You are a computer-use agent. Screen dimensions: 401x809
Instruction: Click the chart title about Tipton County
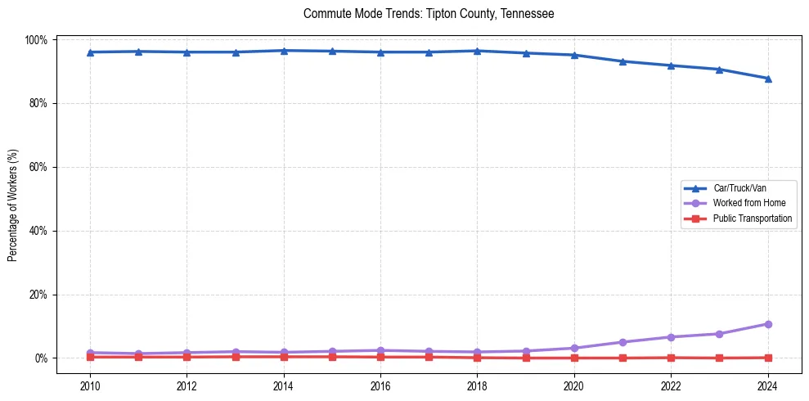[429, 14]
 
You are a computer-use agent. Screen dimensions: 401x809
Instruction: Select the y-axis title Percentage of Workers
[13, 199]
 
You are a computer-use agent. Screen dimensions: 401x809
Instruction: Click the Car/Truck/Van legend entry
[739, 188]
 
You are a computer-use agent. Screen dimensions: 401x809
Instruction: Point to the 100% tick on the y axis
[38, 40]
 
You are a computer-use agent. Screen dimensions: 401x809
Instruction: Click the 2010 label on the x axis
[90, 387]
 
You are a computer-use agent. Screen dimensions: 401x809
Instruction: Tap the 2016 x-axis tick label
[380, 387]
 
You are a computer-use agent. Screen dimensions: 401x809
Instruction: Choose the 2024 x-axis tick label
[767, 387]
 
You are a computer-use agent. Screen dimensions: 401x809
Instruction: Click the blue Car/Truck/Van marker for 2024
[767, 79]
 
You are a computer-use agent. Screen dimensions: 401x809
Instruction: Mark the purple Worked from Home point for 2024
[767, 324]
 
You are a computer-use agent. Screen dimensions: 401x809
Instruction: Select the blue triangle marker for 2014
[284, 51]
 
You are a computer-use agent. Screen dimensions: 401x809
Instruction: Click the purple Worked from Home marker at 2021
[622, 342]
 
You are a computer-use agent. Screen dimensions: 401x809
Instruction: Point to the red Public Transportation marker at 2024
[767, 358]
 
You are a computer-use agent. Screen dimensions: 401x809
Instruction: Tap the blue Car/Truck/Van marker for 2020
[574, 55]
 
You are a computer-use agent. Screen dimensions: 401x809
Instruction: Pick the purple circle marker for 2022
[671, 337]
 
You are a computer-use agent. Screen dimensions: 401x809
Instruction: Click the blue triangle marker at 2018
[477, 51]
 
